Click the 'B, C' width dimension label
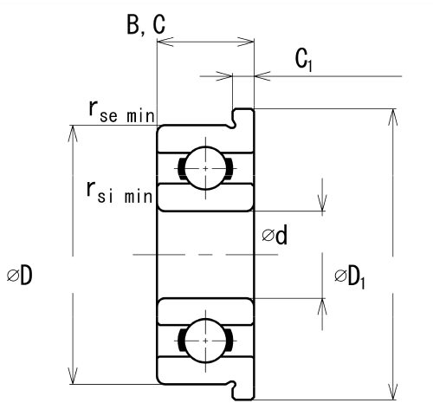pyautogui.click(x=146, y=24)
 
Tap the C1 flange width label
pyautogui.click(x=304, y=60)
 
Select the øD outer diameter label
pyautogui.click(x=20, y=275)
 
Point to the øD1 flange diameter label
pyautogui.click(x=350, y=278)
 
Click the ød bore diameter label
pyautogui.click(x=275, y=235)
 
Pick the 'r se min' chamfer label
pyautogui.click(x=122, y=112)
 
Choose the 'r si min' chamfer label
pyautogui.click(x=120, y=192)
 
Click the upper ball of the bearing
pyautogui.click(x=205, y=168)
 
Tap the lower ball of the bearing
pyautogui.click(x=205, y=341)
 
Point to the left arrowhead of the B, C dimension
pyautogui.click(x=165, y=42)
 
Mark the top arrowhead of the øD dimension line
pyautogui.click(x=73, y=133)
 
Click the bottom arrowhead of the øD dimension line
pyautogui.click(x=73, y=375)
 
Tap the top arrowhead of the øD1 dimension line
pyautogui.click(x=393, y=117)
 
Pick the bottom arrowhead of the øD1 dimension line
pyautogui.click(x=393, y=392)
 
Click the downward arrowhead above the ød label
pyautogui.click(x=322, y=203)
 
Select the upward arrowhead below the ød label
pyautogui.click(x=322, y=307)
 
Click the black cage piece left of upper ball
pyautogui.click(x=182, y=168)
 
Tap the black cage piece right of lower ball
pyautogui.click(x=229, y=341)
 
